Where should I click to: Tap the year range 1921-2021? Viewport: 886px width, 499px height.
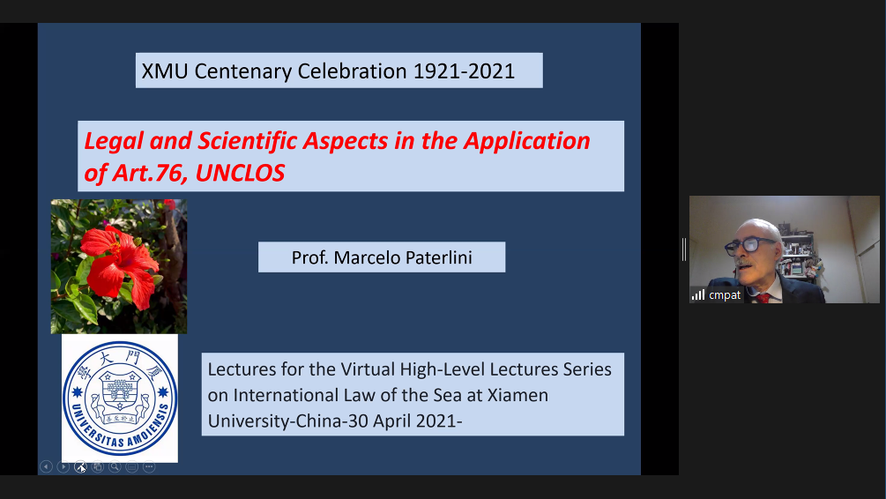pyautogui.click(x=464, y=71)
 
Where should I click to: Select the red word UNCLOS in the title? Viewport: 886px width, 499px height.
pyautogui.click(x=240, y=173)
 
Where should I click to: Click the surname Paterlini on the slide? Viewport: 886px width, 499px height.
pyautogui.click(x=439, y=257)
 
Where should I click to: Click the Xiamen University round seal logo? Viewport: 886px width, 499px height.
pyautogui.click(x=120, y=398)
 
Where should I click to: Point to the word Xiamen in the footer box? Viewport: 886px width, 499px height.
pyautogui.click(x=517, y=395)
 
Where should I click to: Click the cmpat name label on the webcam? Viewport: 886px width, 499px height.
pyautogui.click(x=725, y=295)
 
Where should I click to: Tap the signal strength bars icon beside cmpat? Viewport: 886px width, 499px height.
pyautogui.click(x=698, y=295)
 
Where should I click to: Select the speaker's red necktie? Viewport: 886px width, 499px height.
pyautogui.click(x=763, y=298)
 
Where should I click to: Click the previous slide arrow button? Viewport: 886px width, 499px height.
pyautogui.click(x=47, y=466)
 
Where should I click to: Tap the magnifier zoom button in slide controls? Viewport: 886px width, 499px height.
pyautogui.click(x=115, y=466)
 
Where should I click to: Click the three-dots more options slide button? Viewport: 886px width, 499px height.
pyautogui.click(x=149, y=466)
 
